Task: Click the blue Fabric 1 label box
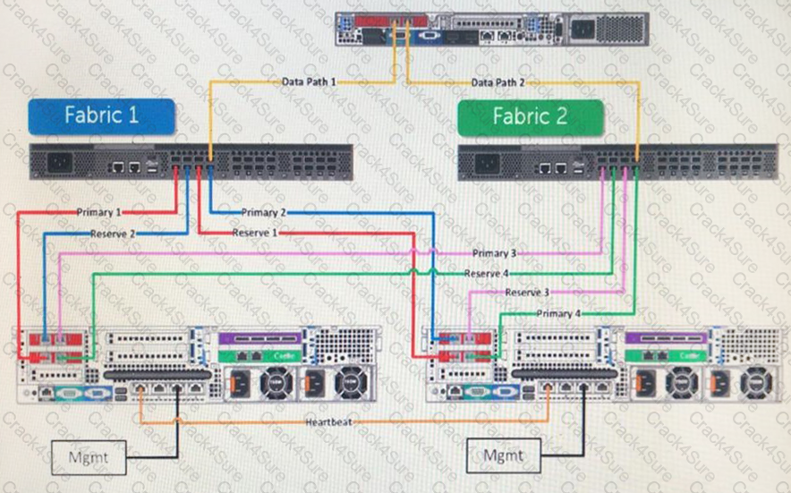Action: click(x=101, y=116)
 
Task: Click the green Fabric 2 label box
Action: click(x=531, y=117)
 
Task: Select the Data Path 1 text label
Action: click(x=309, y=81)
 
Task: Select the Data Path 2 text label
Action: click(x=498, y=82)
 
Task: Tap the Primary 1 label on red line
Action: click(x=99, y=212)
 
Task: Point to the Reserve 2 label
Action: click(x=113, y=234)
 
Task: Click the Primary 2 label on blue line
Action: click(x=264, y=212)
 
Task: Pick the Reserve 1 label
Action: click(x=255, y=233)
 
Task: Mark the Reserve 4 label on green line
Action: click(x=487, y=273)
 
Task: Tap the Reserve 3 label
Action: click(x=527, y=293)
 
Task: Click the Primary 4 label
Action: click(x=558, y=313)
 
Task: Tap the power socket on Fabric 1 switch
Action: click(x=62, y=165)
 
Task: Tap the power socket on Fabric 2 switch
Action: click(x=491, y=165)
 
